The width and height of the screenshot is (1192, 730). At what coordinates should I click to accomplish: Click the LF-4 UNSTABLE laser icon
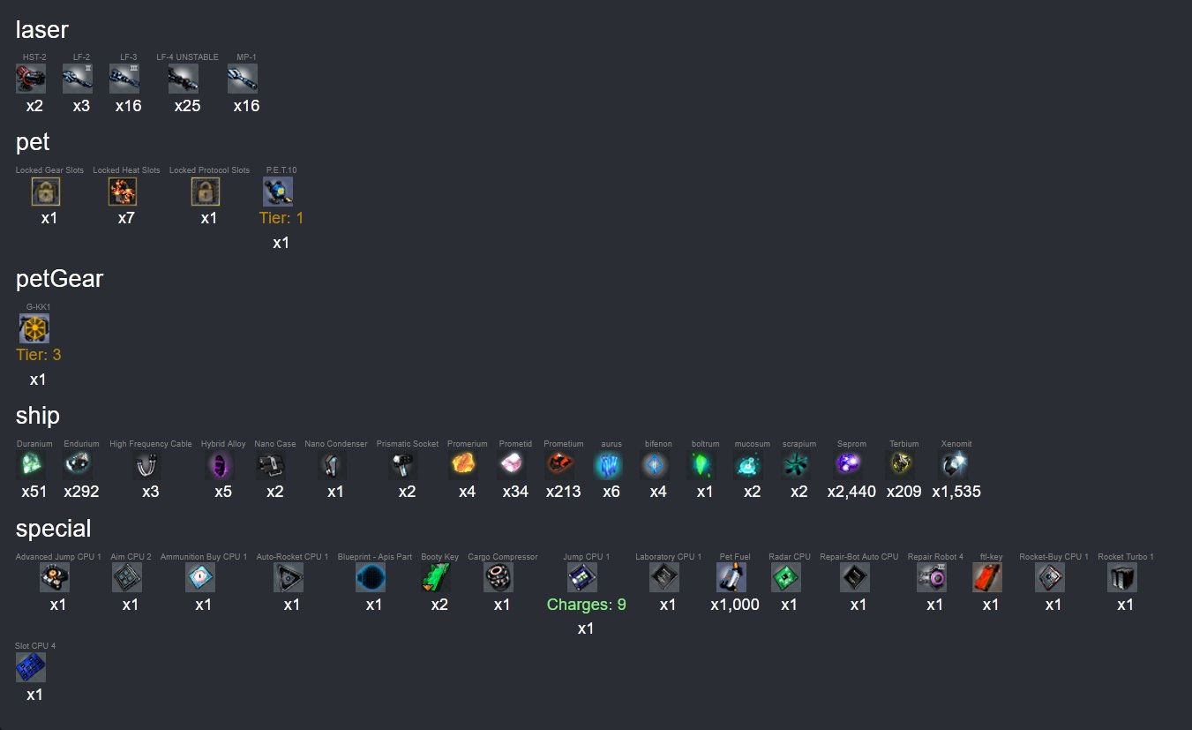184,79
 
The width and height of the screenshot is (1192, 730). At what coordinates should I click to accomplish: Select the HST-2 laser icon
31,79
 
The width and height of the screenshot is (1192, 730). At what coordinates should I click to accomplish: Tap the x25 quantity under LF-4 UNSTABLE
187,106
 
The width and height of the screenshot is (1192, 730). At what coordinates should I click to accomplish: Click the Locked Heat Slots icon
123,192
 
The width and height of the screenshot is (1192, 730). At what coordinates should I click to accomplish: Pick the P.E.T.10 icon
278,192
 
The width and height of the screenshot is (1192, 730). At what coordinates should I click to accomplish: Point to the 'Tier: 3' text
38,355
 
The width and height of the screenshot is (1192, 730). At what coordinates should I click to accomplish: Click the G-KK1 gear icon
34,328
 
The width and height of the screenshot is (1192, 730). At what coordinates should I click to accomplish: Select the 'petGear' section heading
60,278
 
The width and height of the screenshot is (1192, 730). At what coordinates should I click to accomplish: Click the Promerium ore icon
463,463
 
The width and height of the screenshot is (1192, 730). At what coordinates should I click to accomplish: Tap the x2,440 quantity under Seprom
851,492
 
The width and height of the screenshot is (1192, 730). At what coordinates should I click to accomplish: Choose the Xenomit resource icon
954,463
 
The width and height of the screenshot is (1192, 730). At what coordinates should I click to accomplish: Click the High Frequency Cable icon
146,465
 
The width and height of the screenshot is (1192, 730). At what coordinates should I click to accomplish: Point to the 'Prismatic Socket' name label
408,443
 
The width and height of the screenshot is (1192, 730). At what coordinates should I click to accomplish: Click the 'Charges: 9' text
587,605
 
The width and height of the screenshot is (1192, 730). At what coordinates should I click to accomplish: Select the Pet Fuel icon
731,577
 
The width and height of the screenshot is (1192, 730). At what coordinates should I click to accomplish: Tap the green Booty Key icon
436,577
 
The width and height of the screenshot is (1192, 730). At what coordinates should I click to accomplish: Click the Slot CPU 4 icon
31,666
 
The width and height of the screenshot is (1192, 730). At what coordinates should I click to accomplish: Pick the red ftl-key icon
987,577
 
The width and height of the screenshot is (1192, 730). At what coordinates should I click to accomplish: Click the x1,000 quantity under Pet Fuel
735,605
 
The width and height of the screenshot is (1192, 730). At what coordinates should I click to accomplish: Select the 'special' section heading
53,529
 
